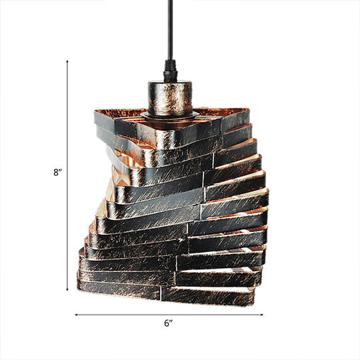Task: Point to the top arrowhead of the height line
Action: coord(67,61)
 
